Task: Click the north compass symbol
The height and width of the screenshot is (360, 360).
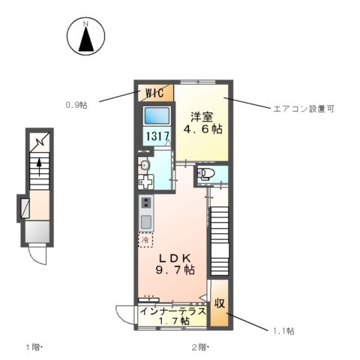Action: (86, 38)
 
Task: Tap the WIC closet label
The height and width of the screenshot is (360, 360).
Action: (154, 94)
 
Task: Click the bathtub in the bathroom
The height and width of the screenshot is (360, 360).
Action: (157, 116)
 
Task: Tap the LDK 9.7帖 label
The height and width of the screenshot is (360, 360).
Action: (175, 262)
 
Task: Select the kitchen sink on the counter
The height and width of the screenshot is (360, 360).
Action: (145, 221)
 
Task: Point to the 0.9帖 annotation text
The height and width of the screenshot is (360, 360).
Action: (76, 105)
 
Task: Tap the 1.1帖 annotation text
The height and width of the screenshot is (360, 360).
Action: (283, 331)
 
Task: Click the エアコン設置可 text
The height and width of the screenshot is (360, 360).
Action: (302, 109)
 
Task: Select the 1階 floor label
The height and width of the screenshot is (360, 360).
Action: (34, 348)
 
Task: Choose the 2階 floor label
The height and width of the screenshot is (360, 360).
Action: (199, 348)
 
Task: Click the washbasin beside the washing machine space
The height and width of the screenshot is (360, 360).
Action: (145, 165)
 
